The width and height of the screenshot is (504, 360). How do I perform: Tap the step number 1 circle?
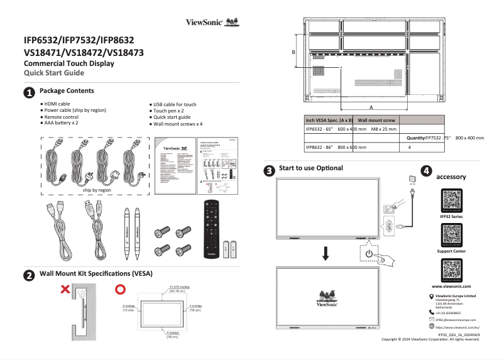[x=29, y=93]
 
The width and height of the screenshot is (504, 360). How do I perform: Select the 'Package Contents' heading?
[x=67, y=92]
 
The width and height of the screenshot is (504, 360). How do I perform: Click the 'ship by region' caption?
[x=97, y=189]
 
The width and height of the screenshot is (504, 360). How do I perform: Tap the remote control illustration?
[x=212, y=229]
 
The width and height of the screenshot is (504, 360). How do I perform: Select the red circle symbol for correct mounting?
[x=121, y=290]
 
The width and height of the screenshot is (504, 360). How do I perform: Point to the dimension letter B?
[x=293, y=52]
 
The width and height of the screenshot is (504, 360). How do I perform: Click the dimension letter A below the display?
[x=371, y=108]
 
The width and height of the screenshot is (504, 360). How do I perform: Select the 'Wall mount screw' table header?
[x=376, y=119]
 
